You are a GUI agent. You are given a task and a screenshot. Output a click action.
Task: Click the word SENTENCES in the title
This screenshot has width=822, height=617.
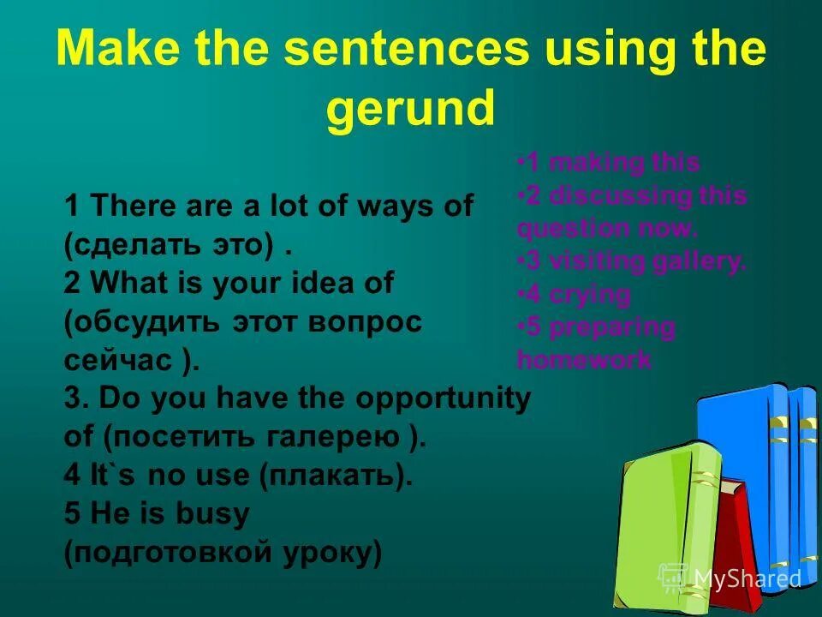pyautogui.click(x=384, y=50)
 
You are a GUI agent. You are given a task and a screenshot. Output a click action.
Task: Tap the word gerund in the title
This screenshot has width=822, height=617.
pyautogui.click(x=410, y=110)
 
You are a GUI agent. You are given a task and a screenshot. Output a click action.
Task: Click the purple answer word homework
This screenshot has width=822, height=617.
pyautogui.click(x=584, y=360)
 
